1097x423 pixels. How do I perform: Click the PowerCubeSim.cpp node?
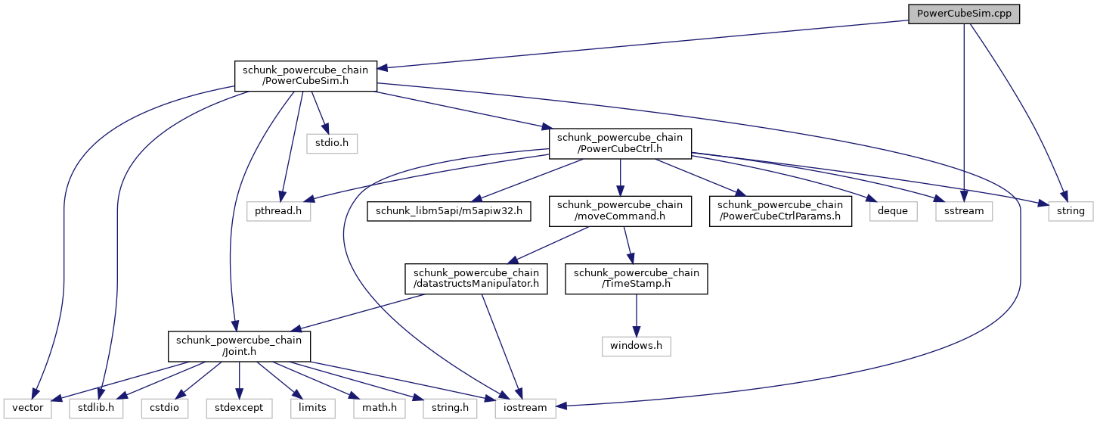tap(964, 14)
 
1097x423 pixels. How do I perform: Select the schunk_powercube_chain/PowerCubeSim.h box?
tap(305, 76)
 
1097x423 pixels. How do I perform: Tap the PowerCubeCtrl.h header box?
tap(620, 143)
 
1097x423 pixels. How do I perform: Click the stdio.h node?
tap(331, 142)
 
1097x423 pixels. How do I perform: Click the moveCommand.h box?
tap(620, 211)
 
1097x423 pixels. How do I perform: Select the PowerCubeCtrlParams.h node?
tap(780, 211)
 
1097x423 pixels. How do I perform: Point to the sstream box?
tap(964, 211)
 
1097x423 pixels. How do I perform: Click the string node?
tap(1070, 211)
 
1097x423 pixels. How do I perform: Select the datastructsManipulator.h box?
tap(476, 278)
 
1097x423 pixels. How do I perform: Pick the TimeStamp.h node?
tap(637, 278)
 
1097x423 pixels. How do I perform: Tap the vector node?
tap(26, 408)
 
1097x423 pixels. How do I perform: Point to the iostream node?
tap(525, 408)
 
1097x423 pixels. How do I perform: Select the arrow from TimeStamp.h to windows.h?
tap(637, 314)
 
